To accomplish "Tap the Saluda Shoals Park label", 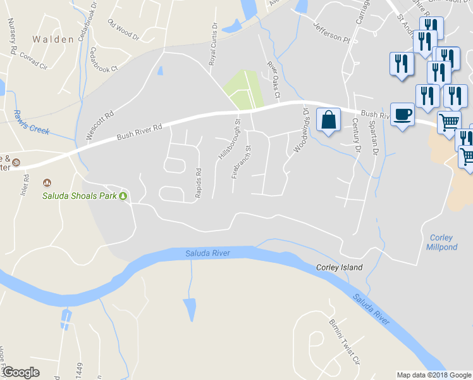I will [x=80, y=196].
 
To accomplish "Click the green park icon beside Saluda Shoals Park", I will [x=124, y=196].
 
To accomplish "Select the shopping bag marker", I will [x=329, y=120].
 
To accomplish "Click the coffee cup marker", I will [x=402, y=115].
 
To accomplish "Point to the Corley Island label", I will [x=340, y=267].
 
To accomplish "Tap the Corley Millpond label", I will [x=443, y=243].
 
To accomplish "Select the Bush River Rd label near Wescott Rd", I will [x=140, y=132].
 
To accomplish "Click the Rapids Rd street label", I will [x=198, y=183].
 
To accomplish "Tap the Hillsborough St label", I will [x=230, y=139].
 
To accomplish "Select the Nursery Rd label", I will [x=11, y=35].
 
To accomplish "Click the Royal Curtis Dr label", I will [x=213, y=46].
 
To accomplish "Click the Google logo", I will [x=20, y=372].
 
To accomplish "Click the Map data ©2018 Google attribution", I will [x=434, y=375].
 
